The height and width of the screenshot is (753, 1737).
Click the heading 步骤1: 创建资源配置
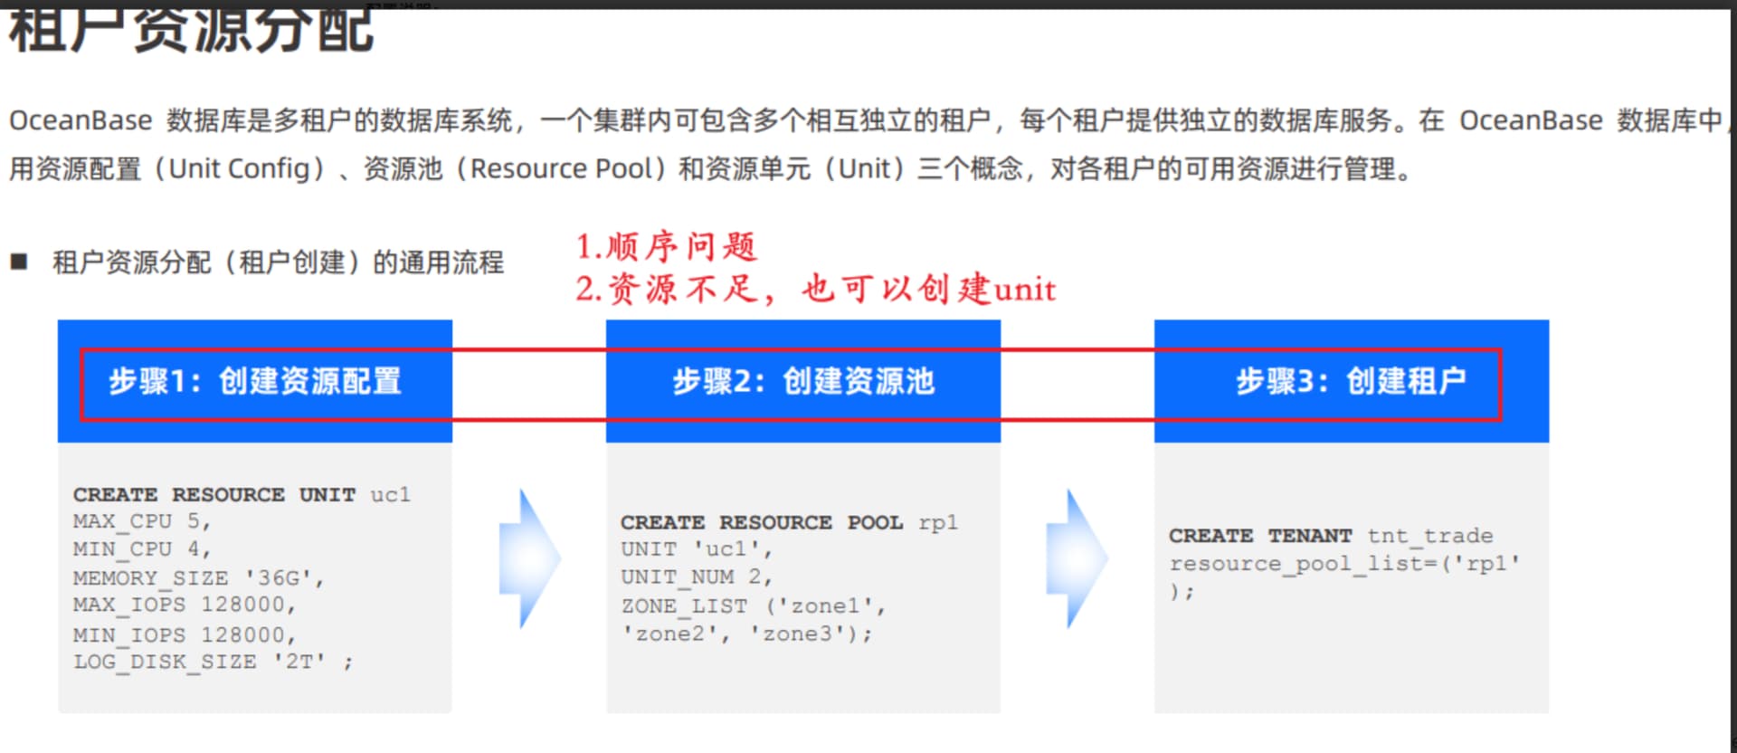(x=255, y=381)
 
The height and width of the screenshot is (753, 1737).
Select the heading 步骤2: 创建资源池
(x=803, y=381)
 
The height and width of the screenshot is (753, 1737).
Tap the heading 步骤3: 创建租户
(x=1351, y=381)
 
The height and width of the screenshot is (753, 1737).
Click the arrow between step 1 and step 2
(x=529, y=558)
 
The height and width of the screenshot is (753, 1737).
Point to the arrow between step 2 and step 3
(x=1077, y=558)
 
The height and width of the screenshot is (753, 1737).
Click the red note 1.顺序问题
(x=667, y=246)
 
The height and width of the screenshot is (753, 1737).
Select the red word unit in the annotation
(x=1025, y=290)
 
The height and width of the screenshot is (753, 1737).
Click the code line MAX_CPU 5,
(x=141, y=521)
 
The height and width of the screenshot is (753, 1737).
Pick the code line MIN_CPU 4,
(x=141, y=549)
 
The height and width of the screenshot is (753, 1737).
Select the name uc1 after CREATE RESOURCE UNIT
(x=390, y=494)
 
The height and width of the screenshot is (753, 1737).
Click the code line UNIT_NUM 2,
(x=696, y=577)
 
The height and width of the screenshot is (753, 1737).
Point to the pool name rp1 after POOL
(x=937, y=522)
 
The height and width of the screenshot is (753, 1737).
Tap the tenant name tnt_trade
(x=1429, y=536)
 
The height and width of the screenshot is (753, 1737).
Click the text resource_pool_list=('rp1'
(x=1344, y=564)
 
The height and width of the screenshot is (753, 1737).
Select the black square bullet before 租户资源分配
(x=19, y=262)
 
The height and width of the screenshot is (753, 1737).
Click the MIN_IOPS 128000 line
(x=185, y=634)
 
